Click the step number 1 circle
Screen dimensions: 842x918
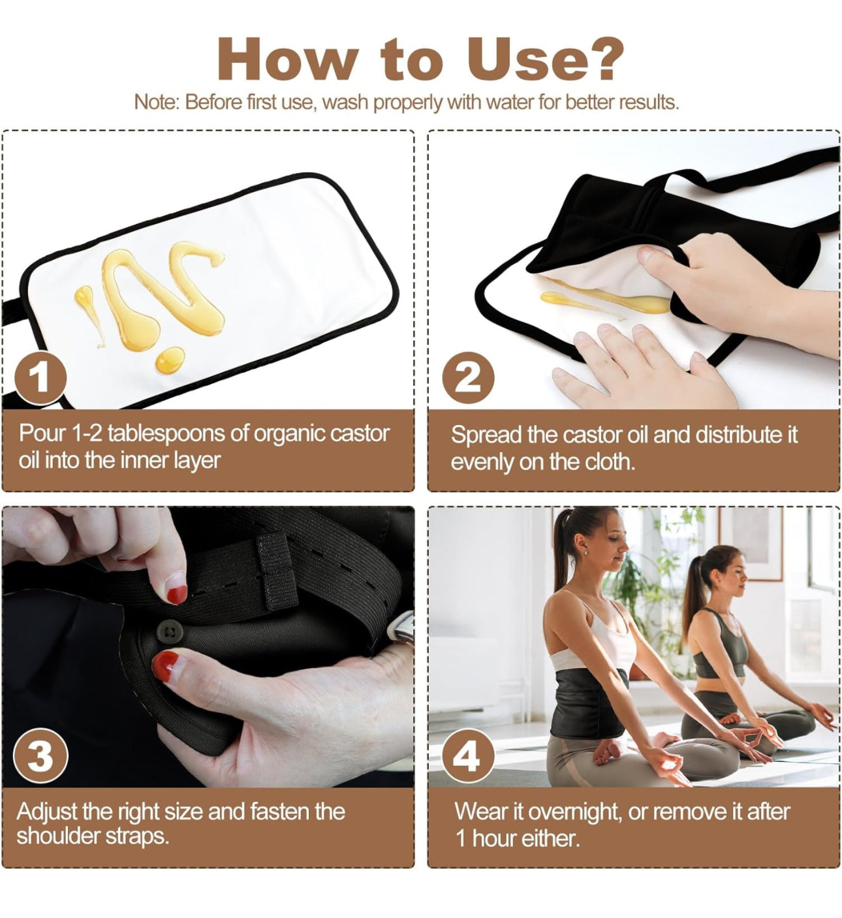click(40, 377)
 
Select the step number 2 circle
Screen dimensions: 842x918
click(468, 377)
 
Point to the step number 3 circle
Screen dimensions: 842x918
click(40, 755)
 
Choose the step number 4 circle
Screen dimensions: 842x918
click(468, 755)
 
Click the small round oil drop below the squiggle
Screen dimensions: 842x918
click(170, 360)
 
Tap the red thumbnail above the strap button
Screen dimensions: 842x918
click(177, 594)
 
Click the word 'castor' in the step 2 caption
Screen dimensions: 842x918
click(593, 434)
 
